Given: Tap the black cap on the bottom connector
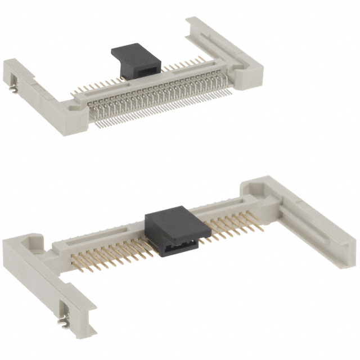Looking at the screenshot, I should tap(172, 228).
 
